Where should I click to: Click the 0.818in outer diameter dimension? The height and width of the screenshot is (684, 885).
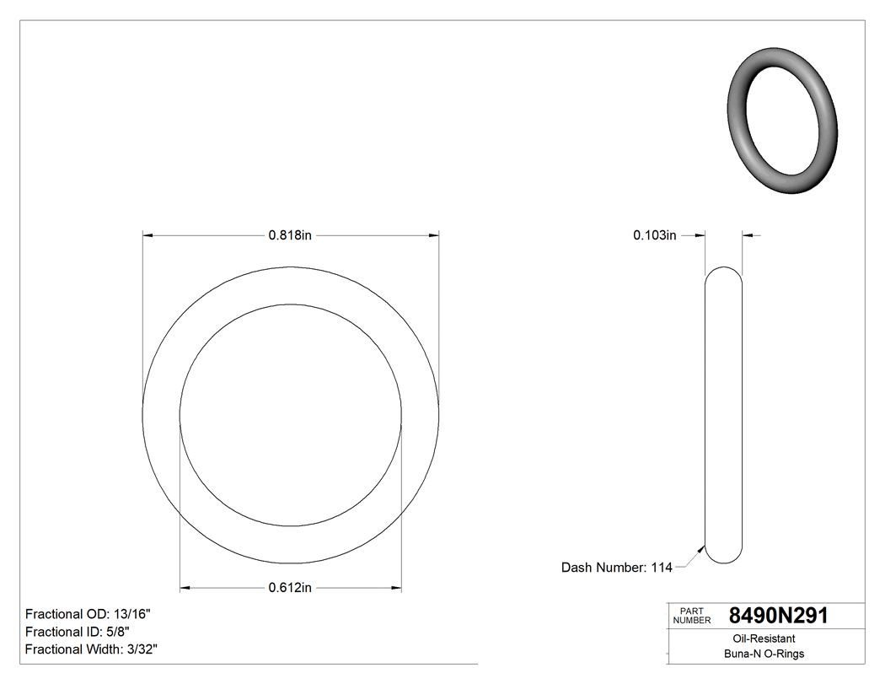click(290, 236)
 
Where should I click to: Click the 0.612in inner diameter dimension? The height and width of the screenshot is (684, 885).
click(290, 588)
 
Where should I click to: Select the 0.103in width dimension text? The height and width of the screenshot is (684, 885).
click(655, 236)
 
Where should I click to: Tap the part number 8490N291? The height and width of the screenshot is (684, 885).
click(778, 617)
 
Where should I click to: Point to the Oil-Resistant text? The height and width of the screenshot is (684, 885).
click(759, 639)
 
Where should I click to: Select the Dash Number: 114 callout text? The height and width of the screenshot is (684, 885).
click(616, 568)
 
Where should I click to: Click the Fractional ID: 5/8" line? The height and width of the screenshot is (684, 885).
click(78, 632)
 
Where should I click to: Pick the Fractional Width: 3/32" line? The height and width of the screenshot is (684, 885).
click(91, 649)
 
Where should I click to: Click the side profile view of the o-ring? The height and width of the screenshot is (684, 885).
click(723, 413)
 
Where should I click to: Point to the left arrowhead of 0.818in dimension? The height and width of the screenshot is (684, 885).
click(147, 236)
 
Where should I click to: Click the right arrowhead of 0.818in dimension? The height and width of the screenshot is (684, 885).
click(435, 236)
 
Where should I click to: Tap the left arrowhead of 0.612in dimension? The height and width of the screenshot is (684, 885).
click(185, 588)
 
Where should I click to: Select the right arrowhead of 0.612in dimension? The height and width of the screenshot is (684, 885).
click(396, 588)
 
